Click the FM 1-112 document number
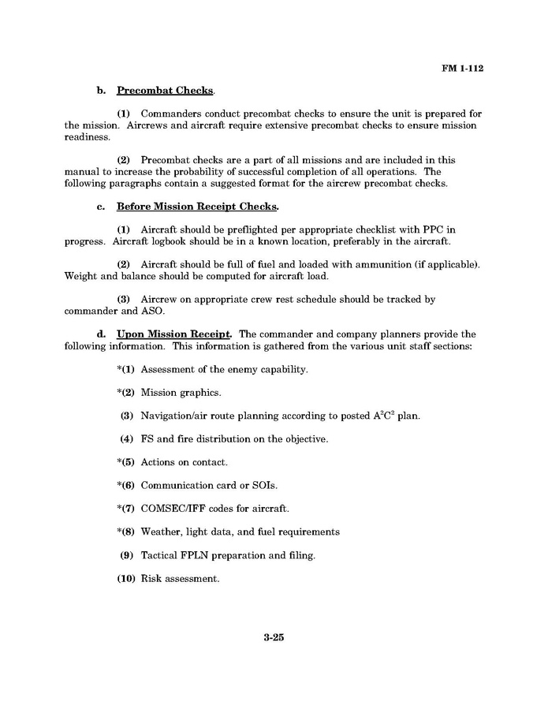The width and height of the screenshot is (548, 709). click(462, 68)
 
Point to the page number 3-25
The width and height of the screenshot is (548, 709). click(274, 638)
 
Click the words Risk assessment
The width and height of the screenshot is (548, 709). click(180, 579)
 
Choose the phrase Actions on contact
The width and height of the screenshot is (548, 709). click(184, 462)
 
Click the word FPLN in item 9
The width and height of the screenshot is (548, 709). click(200, 555)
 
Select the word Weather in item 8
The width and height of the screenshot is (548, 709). click(162, 532)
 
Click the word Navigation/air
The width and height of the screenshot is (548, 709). click(177, 416)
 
